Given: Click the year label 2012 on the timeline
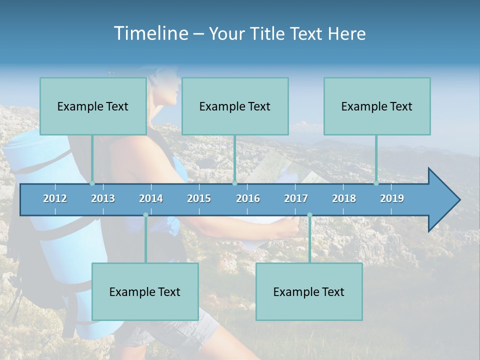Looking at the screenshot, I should click(55, 198).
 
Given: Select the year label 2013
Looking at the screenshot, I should click(103, 198).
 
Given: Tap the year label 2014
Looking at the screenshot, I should click(151, 198).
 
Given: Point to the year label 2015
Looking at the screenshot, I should click(199, 198).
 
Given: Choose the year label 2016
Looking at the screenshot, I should click(248, 198).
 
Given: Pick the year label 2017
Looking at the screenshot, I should click(296, 198).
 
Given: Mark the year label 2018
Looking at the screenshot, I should click(344, 198).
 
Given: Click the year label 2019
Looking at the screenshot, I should click(392, 198).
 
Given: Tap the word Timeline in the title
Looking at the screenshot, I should click(150, 33).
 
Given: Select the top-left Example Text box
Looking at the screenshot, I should click(93, 106).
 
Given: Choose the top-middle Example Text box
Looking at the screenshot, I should click(235, 106).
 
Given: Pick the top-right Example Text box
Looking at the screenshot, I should click(377, 106).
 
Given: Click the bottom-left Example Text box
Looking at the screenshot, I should click(145, 291).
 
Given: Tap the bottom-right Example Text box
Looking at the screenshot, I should click(309, 291).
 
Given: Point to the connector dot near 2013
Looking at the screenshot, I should click(92, 183).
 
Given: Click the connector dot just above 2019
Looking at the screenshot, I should click(376, 183).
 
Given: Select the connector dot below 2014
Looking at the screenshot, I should click(145, 215).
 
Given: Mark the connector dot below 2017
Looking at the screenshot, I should click(309, 215).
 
